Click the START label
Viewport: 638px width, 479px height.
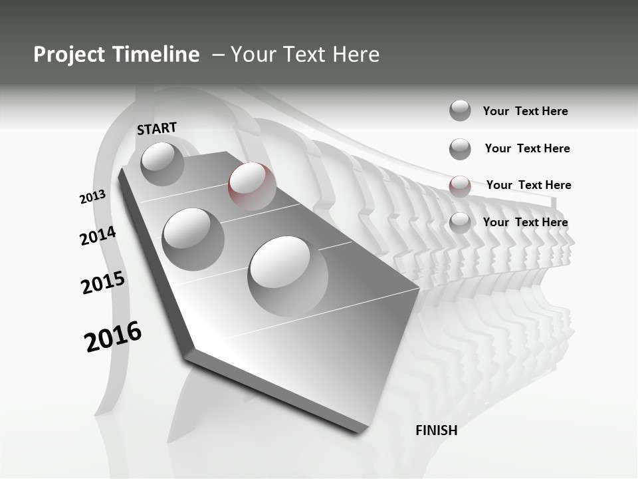tap(157, 128)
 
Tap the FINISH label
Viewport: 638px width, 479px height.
tap(437, 430)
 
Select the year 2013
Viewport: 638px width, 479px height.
tap(92, 197)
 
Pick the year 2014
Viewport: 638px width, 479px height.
tap(98, 236)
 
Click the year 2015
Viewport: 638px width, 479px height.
tap(103, 283)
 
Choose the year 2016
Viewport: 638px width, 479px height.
tap(113, 336)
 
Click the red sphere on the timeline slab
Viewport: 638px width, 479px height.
tap(252, 186)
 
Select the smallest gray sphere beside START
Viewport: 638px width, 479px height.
tap(163, 164)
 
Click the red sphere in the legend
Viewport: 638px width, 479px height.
tap(459, 186)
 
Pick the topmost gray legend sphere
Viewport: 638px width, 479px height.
tap(460, 110)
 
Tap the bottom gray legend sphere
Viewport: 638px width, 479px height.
tap(459, 223)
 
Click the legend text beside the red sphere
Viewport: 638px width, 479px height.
tap(528, 185)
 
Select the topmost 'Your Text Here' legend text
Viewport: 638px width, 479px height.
tap(525, 111)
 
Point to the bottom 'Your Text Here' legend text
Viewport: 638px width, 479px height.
tap(525, 222)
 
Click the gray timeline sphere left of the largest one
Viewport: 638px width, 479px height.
tap(193, 239)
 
